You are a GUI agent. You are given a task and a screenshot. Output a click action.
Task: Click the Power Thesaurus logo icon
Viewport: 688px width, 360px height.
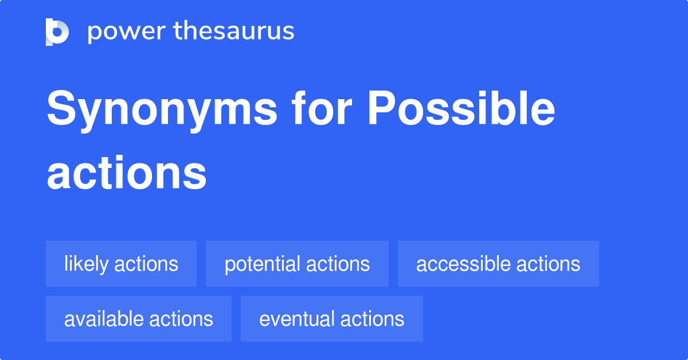tap(57, 32)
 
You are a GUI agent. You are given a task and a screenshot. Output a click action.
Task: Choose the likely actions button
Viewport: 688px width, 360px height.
tap(121, 264)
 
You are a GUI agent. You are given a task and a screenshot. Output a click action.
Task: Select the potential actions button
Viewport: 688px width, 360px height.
tap(297, 264)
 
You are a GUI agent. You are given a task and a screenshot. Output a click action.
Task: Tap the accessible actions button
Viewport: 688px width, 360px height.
tap(498, 264)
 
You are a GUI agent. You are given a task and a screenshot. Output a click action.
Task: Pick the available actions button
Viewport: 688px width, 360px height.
tap(138, 319)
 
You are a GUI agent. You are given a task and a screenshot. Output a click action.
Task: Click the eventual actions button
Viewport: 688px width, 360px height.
tap(331, 319)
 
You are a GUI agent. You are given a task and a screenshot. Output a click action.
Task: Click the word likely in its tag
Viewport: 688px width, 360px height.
tap(86, 264)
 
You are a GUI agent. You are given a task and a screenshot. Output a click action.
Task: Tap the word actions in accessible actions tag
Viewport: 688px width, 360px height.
tap(548, 264)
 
